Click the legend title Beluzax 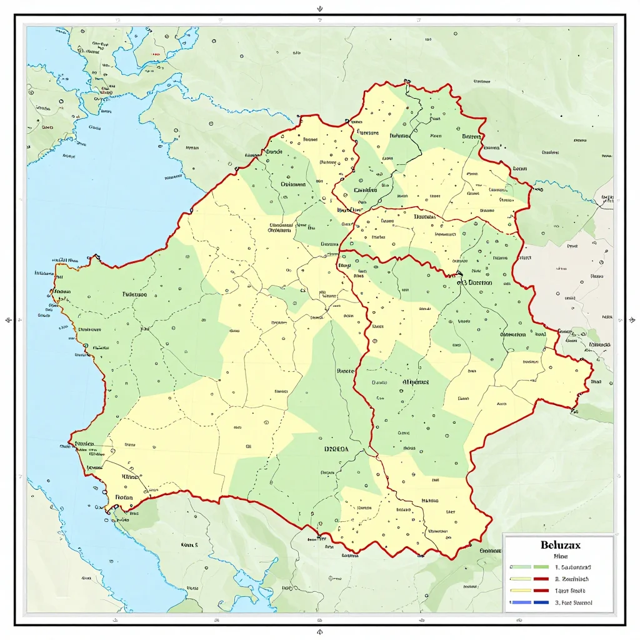point(560,545)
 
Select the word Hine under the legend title point(561,556)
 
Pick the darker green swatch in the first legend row point(541,567)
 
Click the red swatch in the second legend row point(541,579)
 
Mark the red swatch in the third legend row point(541,591)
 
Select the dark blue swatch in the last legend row point(541,602)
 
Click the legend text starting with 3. point(573,602)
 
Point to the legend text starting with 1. point(573,567)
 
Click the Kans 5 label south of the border point(189,544)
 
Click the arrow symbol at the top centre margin point(320,9)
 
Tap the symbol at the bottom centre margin point(320,631)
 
